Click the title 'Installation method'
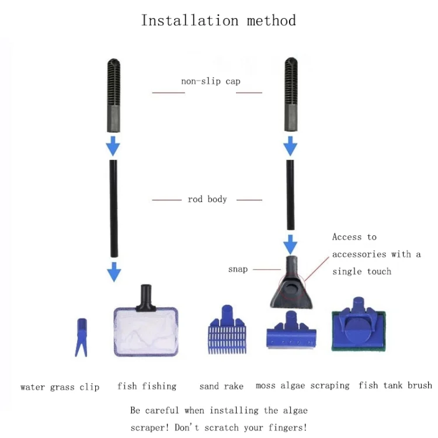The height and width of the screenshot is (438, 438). click(218, 20)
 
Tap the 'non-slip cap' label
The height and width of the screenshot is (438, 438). click(211, 81)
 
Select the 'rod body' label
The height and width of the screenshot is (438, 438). click(207, 199)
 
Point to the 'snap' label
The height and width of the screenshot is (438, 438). click(238, 269)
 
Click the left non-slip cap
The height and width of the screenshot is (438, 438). click(114, 95)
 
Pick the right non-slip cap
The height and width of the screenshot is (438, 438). click(291, 94)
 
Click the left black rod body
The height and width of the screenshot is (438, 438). click(113, 208)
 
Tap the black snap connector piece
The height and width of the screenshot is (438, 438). click(291, 282)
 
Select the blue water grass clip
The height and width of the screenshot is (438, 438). click(81, 338)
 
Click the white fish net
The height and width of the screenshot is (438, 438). click(146, 331)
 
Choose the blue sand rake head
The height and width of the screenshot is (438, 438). click(227, 329)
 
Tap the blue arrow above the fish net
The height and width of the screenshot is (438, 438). click(114, 272)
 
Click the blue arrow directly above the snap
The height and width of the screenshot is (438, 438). click(290, 245)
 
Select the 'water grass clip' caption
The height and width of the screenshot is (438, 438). click(60, 387)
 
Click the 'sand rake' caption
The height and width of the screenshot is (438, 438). click(221, 387)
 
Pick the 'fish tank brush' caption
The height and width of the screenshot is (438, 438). click(395, 385)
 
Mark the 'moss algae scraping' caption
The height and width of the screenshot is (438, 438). click(303, 386)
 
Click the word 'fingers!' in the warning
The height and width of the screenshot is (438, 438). click(288, 427)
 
